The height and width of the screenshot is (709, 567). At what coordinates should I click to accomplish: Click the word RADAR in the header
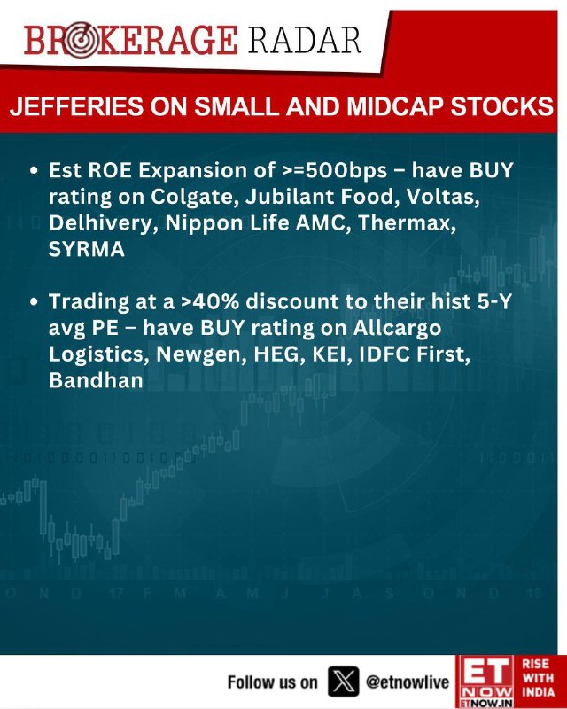(304, 40)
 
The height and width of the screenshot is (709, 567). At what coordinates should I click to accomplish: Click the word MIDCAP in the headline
(395, 106)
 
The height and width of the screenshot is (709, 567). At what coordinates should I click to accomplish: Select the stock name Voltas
(443, 197)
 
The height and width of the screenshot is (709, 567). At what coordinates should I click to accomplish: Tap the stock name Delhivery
(104, 223)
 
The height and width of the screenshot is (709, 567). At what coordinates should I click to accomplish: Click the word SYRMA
(86, 249)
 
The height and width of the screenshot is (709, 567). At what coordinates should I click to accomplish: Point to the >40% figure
(210, 301)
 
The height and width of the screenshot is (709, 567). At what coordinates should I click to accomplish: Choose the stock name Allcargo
(397, 328)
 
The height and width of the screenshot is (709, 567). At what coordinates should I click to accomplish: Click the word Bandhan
(96, 380)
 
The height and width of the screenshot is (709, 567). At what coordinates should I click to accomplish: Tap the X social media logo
(344, 681)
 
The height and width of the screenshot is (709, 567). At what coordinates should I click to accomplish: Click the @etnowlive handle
(408, 682)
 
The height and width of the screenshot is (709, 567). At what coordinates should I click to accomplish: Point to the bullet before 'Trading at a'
(34, 302)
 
